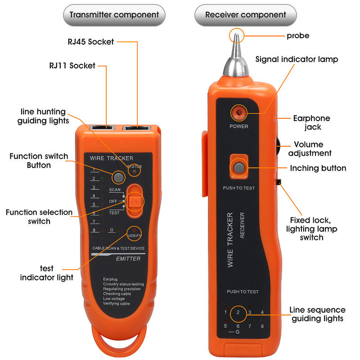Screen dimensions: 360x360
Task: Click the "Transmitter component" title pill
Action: (114, 15)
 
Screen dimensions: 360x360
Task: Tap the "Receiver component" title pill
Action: (245, 15)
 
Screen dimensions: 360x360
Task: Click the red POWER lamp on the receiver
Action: (238, 112)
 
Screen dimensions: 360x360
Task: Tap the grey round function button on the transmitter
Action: (118, 177)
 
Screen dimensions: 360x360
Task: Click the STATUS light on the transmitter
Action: (134, 171)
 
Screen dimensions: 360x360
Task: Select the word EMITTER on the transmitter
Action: (128, 259)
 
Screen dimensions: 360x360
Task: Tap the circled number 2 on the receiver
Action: (238, 312)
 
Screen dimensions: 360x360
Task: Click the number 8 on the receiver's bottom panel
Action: (262, 325)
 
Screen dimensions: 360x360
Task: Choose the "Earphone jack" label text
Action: (311, 123)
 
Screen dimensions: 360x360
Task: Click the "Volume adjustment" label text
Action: (310, 149)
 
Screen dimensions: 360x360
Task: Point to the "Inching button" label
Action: (318, 168)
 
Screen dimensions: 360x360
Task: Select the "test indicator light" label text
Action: (46, 273)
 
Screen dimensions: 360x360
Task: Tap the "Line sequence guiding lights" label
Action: (317, 314)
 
